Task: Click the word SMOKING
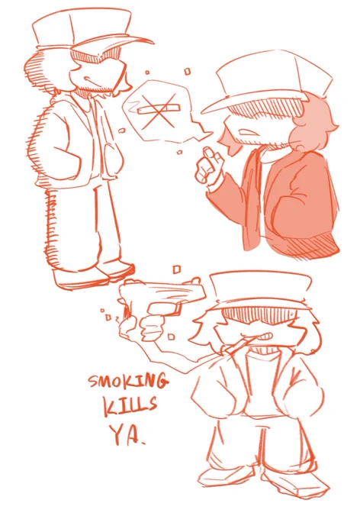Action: pyautogui.click(x=128, y=381)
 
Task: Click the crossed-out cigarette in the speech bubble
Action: pyautogui.click(x=159, y=108)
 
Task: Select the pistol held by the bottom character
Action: pyautogui.click(x=162, y=296)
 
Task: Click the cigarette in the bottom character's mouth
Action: pyautogui.click(x=239, y=344)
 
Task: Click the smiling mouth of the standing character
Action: pyautogui.click(x=88, y=80)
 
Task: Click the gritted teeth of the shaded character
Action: pyautogui.click(x=246, y=131)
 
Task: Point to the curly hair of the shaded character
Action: pyautogui.click(x=313, y=123)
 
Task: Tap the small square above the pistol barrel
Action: pyautogui.click(x=177, y=269)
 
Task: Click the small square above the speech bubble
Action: pyautogui.click(x=188, y=71)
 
